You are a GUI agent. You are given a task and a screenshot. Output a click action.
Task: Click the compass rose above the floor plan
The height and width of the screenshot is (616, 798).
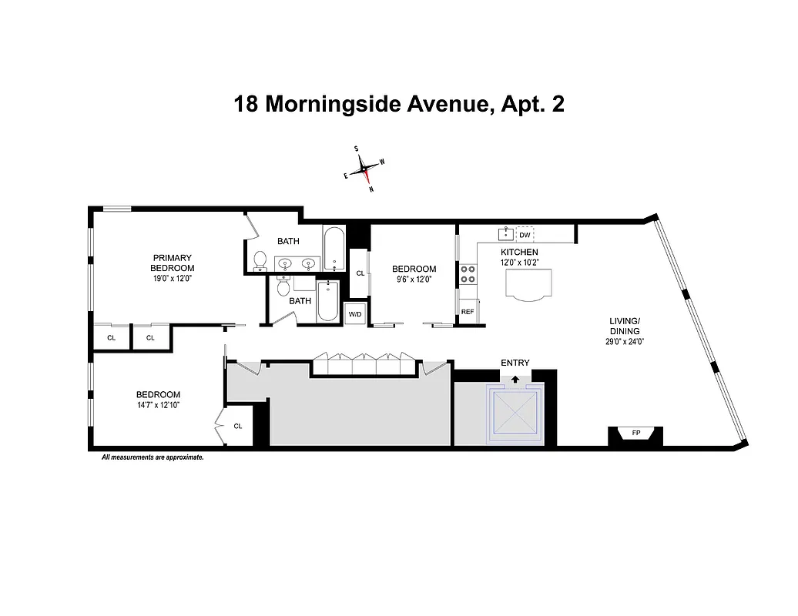pos(364,169)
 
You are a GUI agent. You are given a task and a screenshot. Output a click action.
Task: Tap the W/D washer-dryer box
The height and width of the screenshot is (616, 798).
pos(354,314)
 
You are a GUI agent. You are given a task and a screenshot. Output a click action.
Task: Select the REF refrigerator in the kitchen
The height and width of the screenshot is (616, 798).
pos(467,312)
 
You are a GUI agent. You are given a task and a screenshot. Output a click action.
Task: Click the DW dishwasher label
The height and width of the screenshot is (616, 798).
pos(525,235)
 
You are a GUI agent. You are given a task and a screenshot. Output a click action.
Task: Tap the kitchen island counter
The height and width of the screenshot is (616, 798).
pos(528,286)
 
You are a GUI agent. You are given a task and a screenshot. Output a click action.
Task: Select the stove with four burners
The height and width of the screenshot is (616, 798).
pos(468,275)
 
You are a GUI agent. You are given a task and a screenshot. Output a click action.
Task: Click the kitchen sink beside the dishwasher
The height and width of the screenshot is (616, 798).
pos(506,234)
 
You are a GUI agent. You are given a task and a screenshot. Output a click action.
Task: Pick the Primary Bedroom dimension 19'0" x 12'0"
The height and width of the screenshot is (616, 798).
pos(172,279)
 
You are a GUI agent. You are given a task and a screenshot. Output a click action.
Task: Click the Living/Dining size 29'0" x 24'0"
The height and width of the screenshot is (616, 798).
pos(625,341)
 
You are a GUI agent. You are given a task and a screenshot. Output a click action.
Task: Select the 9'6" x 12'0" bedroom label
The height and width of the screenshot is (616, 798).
pos(414,280)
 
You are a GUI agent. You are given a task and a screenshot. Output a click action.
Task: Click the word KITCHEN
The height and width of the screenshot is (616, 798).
pos(519,253)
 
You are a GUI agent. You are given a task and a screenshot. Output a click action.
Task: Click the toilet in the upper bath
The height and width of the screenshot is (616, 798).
pos(260,261)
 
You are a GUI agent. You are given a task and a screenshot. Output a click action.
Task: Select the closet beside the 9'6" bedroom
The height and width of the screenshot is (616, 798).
pos(360,273)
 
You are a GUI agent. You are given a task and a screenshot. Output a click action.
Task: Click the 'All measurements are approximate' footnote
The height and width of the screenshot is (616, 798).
pos(153,457)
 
